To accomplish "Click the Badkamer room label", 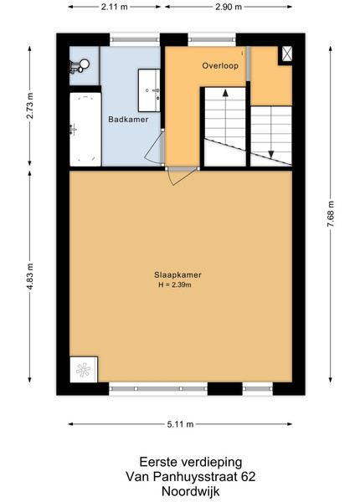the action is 128,120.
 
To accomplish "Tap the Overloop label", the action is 220,65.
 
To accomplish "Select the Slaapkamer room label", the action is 177,274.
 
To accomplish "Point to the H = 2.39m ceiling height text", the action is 175,284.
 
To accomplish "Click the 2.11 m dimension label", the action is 115,7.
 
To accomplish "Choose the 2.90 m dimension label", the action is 229,7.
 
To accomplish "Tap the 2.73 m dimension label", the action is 30,105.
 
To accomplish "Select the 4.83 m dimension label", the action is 30,277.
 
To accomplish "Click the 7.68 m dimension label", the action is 330,214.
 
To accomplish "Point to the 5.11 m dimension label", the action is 180,424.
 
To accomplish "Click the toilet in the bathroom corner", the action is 79,66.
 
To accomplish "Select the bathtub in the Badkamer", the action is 85,130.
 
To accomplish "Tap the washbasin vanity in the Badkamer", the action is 149,90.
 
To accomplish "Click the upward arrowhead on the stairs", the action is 225,93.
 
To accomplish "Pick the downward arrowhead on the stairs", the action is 271,155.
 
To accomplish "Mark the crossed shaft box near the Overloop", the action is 287,54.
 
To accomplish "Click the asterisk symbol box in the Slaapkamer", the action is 84,370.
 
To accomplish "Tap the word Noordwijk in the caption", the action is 191,491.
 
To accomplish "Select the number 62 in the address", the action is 248,477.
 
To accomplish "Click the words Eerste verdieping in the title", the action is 191,463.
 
